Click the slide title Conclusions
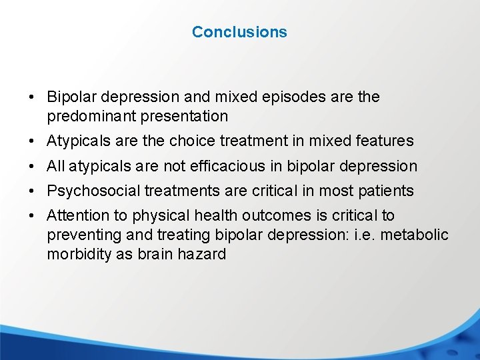point(239,32)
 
